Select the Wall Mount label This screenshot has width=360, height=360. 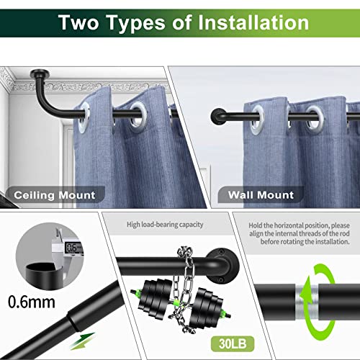click(260, 195)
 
